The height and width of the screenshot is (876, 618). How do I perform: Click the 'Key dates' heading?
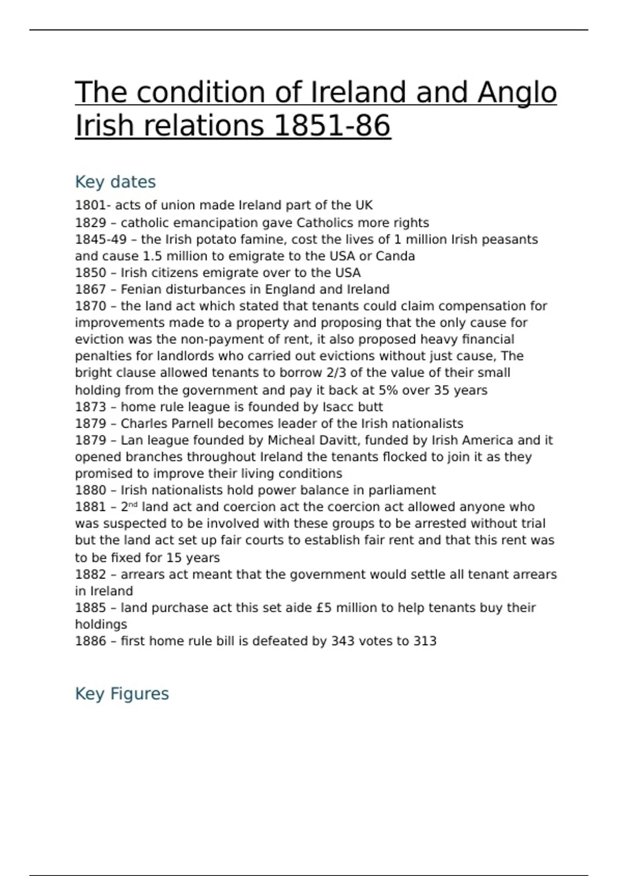point(115,182)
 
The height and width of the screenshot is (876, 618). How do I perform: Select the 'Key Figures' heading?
point(122,694)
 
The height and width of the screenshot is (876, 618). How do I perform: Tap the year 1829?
point(90,223)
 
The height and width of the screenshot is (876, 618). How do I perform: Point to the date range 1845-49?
point(100,240)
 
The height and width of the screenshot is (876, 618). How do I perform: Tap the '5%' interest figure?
point(388,390)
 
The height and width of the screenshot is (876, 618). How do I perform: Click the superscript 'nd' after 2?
point(133,504)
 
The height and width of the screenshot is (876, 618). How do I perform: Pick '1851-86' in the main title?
point(332,126)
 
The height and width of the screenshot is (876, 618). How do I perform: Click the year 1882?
point(90,574)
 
